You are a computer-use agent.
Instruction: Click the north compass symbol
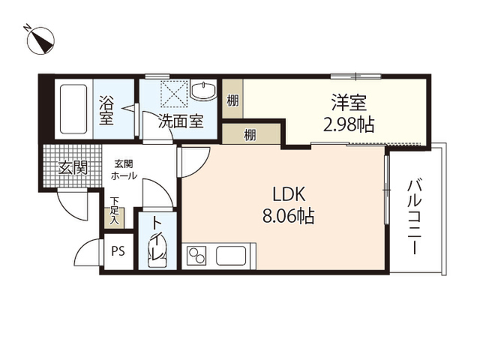40,40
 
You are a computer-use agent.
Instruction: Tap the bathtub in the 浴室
73,109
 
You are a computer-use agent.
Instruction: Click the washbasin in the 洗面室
203,90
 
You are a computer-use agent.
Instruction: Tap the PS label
118,251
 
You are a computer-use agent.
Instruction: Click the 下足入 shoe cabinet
114,218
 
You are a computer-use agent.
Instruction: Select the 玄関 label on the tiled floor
73,167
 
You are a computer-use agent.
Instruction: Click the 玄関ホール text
124,170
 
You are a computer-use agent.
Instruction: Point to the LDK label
289,194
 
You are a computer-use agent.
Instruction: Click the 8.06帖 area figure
289,217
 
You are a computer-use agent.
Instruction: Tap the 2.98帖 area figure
349,124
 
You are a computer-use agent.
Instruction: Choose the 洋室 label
349,103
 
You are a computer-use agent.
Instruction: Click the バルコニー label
415,217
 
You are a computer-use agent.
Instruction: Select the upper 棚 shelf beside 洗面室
232,98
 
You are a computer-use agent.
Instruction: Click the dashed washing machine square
174,94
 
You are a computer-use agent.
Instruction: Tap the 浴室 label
106,110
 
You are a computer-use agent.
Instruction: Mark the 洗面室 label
181,121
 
